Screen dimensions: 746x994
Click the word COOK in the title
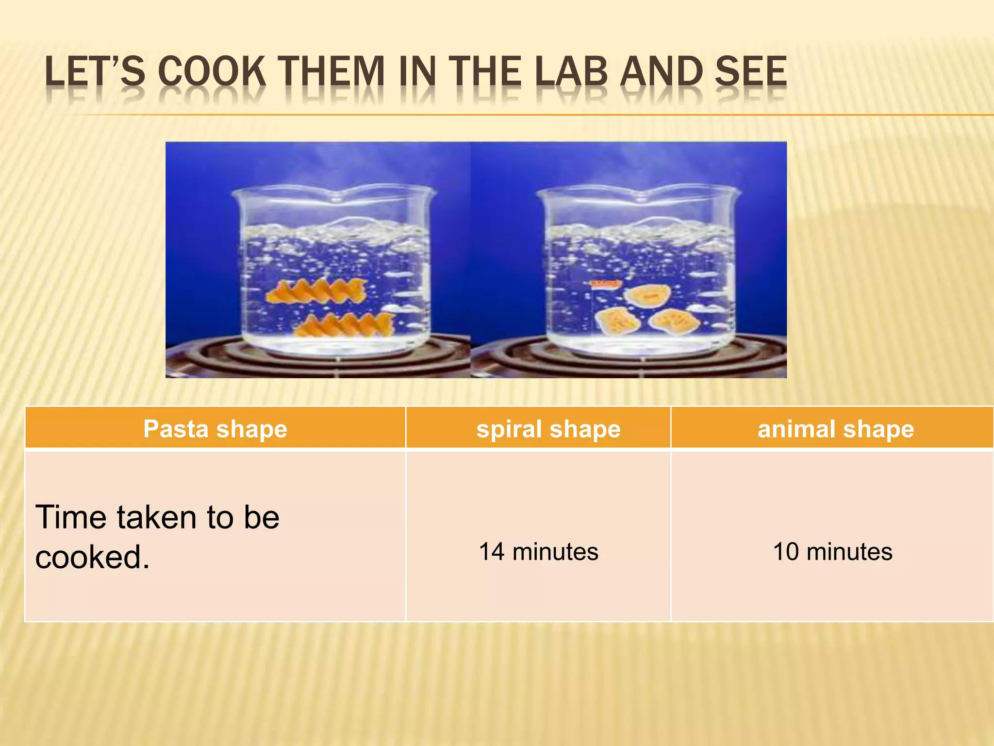coord(212,72)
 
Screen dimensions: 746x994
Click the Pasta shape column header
coord(215,429)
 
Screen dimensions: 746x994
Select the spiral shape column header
coord(548,429)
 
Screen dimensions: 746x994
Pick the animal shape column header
coord(835,429)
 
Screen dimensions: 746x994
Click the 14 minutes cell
coord(539,552)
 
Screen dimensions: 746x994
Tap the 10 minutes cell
coord(832,552)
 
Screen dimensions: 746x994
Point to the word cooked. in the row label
coord(92,557)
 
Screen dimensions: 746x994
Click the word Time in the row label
coord(71,517)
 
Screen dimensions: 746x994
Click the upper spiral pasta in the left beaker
coord(315,291)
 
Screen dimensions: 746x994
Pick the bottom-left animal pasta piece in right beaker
coord(616,321)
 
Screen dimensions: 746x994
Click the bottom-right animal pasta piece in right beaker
coord(674,321)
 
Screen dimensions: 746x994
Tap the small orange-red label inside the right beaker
coord(606,283)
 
